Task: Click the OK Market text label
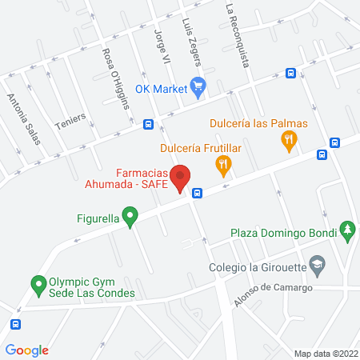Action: tap(161, 88)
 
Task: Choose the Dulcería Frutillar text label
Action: tap(200, 147)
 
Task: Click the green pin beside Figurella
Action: tap(135, 215)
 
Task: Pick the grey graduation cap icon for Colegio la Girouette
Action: tap(318, 265)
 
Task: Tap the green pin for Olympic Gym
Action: tap(37, 284)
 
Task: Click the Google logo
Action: tap(27, 350)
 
